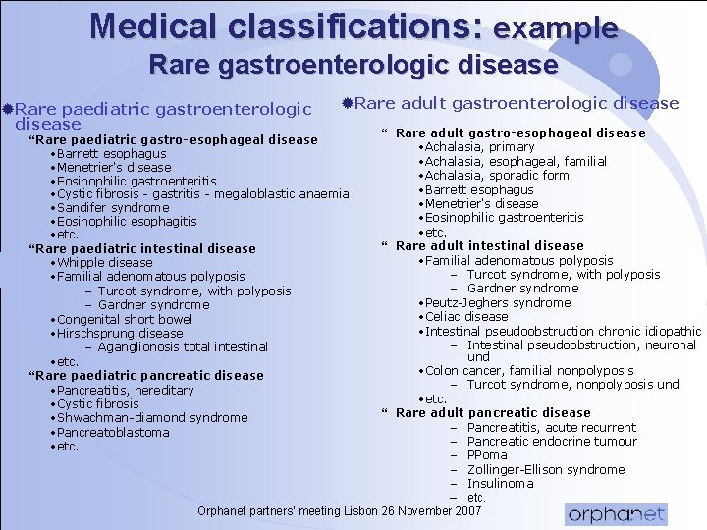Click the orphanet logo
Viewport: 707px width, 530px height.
click(616, 514)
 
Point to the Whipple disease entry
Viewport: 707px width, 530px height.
click(104, 263)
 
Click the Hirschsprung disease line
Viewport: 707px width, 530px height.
click(119, 333)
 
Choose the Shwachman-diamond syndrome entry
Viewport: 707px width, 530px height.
click(151, 418)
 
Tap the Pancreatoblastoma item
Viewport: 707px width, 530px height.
click(112, 433)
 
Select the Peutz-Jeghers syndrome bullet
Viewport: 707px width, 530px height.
click(497, 303)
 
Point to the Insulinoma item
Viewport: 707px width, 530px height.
click(500, 484)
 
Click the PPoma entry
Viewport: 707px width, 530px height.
click(487, 455)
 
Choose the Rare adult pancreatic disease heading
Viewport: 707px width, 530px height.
click(493, 413)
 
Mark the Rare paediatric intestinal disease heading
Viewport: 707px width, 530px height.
click(144, 249)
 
